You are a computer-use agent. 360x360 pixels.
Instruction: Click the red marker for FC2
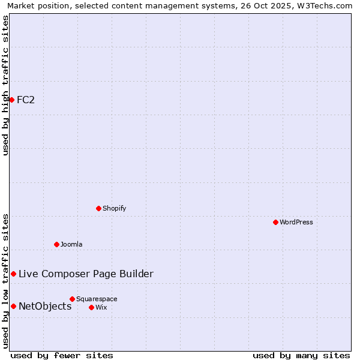(11, 100)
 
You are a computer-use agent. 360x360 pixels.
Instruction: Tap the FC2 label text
(26, 100)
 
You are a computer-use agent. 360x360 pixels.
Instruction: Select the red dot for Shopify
(99, 208)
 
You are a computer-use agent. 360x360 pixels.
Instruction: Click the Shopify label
(115, 209)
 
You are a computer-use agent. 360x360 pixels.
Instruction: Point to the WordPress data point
(275, 222)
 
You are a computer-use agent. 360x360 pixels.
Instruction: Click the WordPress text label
(296, 223)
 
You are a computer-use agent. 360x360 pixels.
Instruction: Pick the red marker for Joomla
(57, 244)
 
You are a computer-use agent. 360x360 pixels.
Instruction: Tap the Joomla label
(71, 245)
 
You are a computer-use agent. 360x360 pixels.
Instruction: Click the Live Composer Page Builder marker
(13, 274)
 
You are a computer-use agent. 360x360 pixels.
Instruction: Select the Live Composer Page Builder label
(86, 274)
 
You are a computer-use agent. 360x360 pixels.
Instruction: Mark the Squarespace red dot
(72, 299)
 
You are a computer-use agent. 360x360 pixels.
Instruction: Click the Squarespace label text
(97, 299)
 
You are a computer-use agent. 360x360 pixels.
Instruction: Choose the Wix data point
(91, 307)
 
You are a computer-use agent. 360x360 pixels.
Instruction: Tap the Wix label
(101, 308)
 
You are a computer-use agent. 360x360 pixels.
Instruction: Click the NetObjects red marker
(13, 306)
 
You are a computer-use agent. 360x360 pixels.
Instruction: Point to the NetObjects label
(45, 307)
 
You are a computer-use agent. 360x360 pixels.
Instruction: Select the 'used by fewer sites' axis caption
(62, 355)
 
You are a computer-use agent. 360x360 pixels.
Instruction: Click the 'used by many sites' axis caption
(301, 355)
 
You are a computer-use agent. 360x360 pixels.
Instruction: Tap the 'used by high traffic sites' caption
(5, 85)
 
